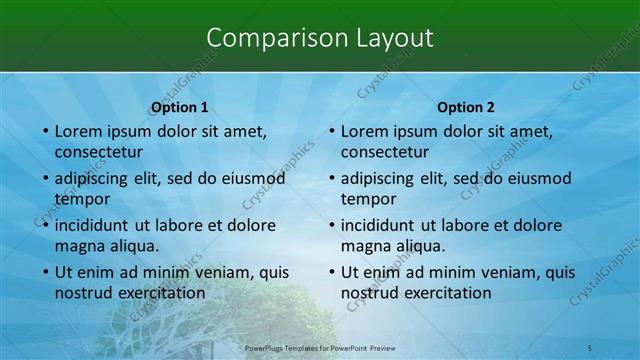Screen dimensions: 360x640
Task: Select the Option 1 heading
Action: pyautogui.click(x=179, y=107)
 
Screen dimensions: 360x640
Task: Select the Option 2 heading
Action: pyautogui.click(x=466, y=107)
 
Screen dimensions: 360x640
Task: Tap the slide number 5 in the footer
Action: pyautogui.click(x=590, y=347)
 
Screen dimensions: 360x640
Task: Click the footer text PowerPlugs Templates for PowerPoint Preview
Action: pyautogui.click(x=320, y=347)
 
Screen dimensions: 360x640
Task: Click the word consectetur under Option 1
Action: pyautogui.click(x=98, y=153)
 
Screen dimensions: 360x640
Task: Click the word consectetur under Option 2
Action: pyautogui.click(x=385, y=153)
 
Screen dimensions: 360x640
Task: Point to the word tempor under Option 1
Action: pyautogui.click(x=81, y=199)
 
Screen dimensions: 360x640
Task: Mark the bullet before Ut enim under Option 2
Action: pyautogui.click(x=332, y=272)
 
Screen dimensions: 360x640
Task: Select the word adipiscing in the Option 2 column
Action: pyautogui.click(x=379, y=178)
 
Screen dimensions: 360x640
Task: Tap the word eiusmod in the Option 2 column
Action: pyautogui.click(x=539, y=178)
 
